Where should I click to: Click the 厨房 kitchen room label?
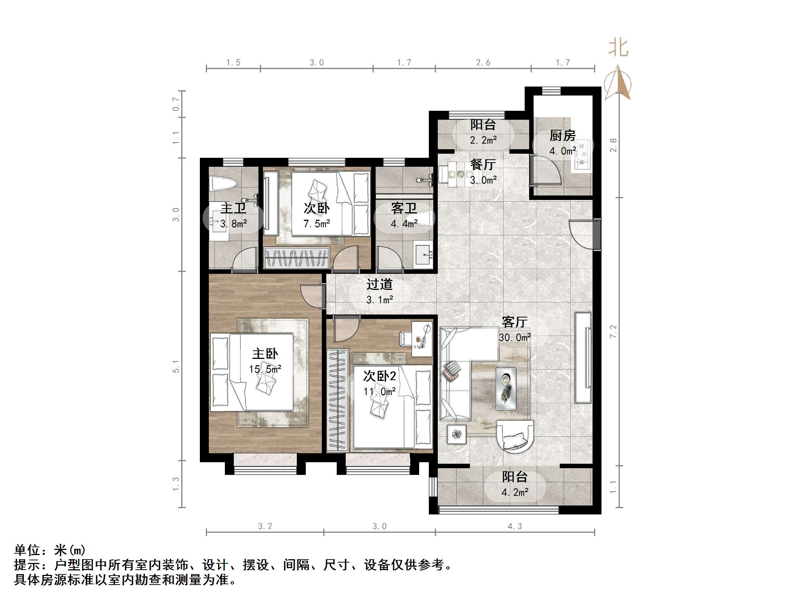[562, 136]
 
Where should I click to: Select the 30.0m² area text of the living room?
[515, 338]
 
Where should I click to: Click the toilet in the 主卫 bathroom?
[224, 184]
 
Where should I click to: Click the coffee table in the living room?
[506, 389]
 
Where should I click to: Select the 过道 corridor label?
[379, 284]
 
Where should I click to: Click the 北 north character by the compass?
[618, 48]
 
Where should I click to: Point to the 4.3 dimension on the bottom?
[515, 526]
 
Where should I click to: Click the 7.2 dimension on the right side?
[613, 331]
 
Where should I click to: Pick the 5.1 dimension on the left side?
[176, 366]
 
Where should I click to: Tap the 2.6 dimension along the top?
[483, 63]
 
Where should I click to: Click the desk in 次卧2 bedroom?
[422, 339]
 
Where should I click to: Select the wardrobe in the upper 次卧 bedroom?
[297, 258]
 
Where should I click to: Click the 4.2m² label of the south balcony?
[515, 492]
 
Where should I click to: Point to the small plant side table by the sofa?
[457, 434]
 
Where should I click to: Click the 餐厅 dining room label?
[483, 165]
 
